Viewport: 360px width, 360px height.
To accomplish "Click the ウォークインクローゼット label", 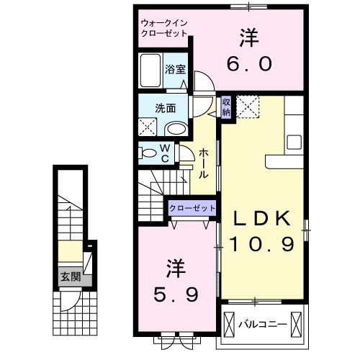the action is (x=164, y=28).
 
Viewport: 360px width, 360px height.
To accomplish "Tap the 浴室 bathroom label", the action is (x=175, y=70).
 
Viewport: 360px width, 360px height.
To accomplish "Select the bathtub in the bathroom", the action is (x=150, y=71).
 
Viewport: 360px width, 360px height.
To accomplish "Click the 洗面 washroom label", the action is (x=166, y=109).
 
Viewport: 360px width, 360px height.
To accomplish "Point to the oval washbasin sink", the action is (x=177, y=129).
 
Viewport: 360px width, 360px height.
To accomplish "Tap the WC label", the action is (x=166, y=153).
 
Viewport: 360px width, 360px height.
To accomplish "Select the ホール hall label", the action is (x=204, y=163).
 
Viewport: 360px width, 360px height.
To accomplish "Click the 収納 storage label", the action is (x=226, y=107).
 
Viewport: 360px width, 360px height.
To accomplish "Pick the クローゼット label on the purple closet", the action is (x=192, y=208).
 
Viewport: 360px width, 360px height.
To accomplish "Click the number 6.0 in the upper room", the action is (x=250, y=64).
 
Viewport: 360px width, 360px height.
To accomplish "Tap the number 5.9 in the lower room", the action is (x=176, y=294).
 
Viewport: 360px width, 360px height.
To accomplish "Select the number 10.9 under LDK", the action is (x=262, y=244).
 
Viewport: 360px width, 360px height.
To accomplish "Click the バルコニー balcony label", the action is (x=263, y=325).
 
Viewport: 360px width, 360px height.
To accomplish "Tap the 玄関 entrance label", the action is (x=71, y=277).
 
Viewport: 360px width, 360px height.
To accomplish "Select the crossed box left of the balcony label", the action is (x=229, y=325).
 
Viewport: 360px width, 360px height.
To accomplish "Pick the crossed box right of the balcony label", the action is (x=296, y=325).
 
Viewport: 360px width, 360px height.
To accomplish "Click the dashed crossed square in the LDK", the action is (x=248, y=107).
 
